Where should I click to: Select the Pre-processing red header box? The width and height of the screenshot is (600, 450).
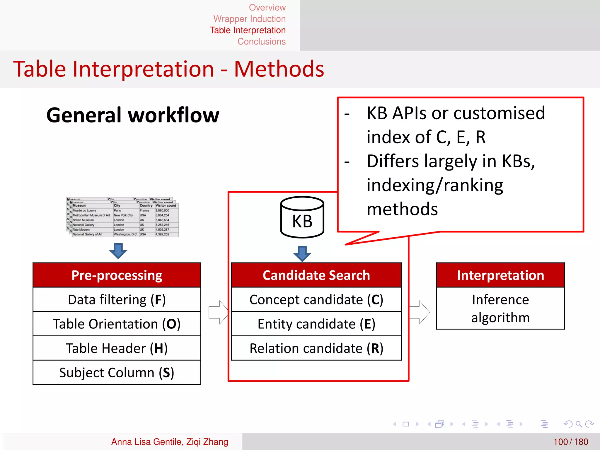coord(117,275)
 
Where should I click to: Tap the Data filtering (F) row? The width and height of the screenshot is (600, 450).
coord(117,299)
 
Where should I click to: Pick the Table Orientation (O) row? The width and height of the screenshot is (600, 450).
coord(117,324)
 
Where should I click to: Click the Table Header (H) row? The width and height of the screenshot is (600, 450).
coord(117,348)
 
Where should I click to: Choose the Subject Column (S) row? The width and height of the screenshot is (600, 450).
coord(117,372)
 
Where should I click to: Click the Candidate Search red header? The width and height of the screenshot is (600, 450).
coord(316,275)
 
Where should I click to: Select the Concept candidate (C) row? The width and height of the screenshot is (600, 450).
coord(316,299)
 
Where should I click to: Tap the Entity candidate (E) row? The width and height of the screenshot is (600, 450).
coord(316,324)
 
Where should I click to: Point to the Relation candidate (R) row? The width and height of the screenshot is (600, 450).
coord(316,348)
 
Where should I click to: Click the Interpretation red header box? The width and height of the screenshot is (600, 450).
coord(500,275)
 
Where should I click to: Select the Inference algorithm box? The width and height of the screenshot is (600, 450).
coord(500,308)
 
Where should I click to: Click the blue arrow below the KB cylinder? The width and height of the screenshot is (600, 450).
coord(302,253)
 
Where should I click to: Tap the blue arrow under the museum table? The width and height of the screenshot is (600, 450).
coord(118,251)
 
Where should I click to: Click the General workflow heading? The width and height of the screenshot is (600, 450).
coord(133,115)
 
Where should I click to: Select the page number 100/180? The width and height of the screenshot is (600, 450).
coord(570,442)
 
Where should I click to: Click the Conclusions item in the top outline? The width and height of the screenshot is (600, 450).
coord(261,42)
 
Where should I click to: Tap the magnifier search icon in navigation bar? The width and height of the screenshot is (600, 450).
coord(578,424)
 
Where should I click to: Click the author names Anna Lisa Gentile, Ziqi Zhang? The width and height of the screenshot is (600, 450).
coord(170,442)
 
